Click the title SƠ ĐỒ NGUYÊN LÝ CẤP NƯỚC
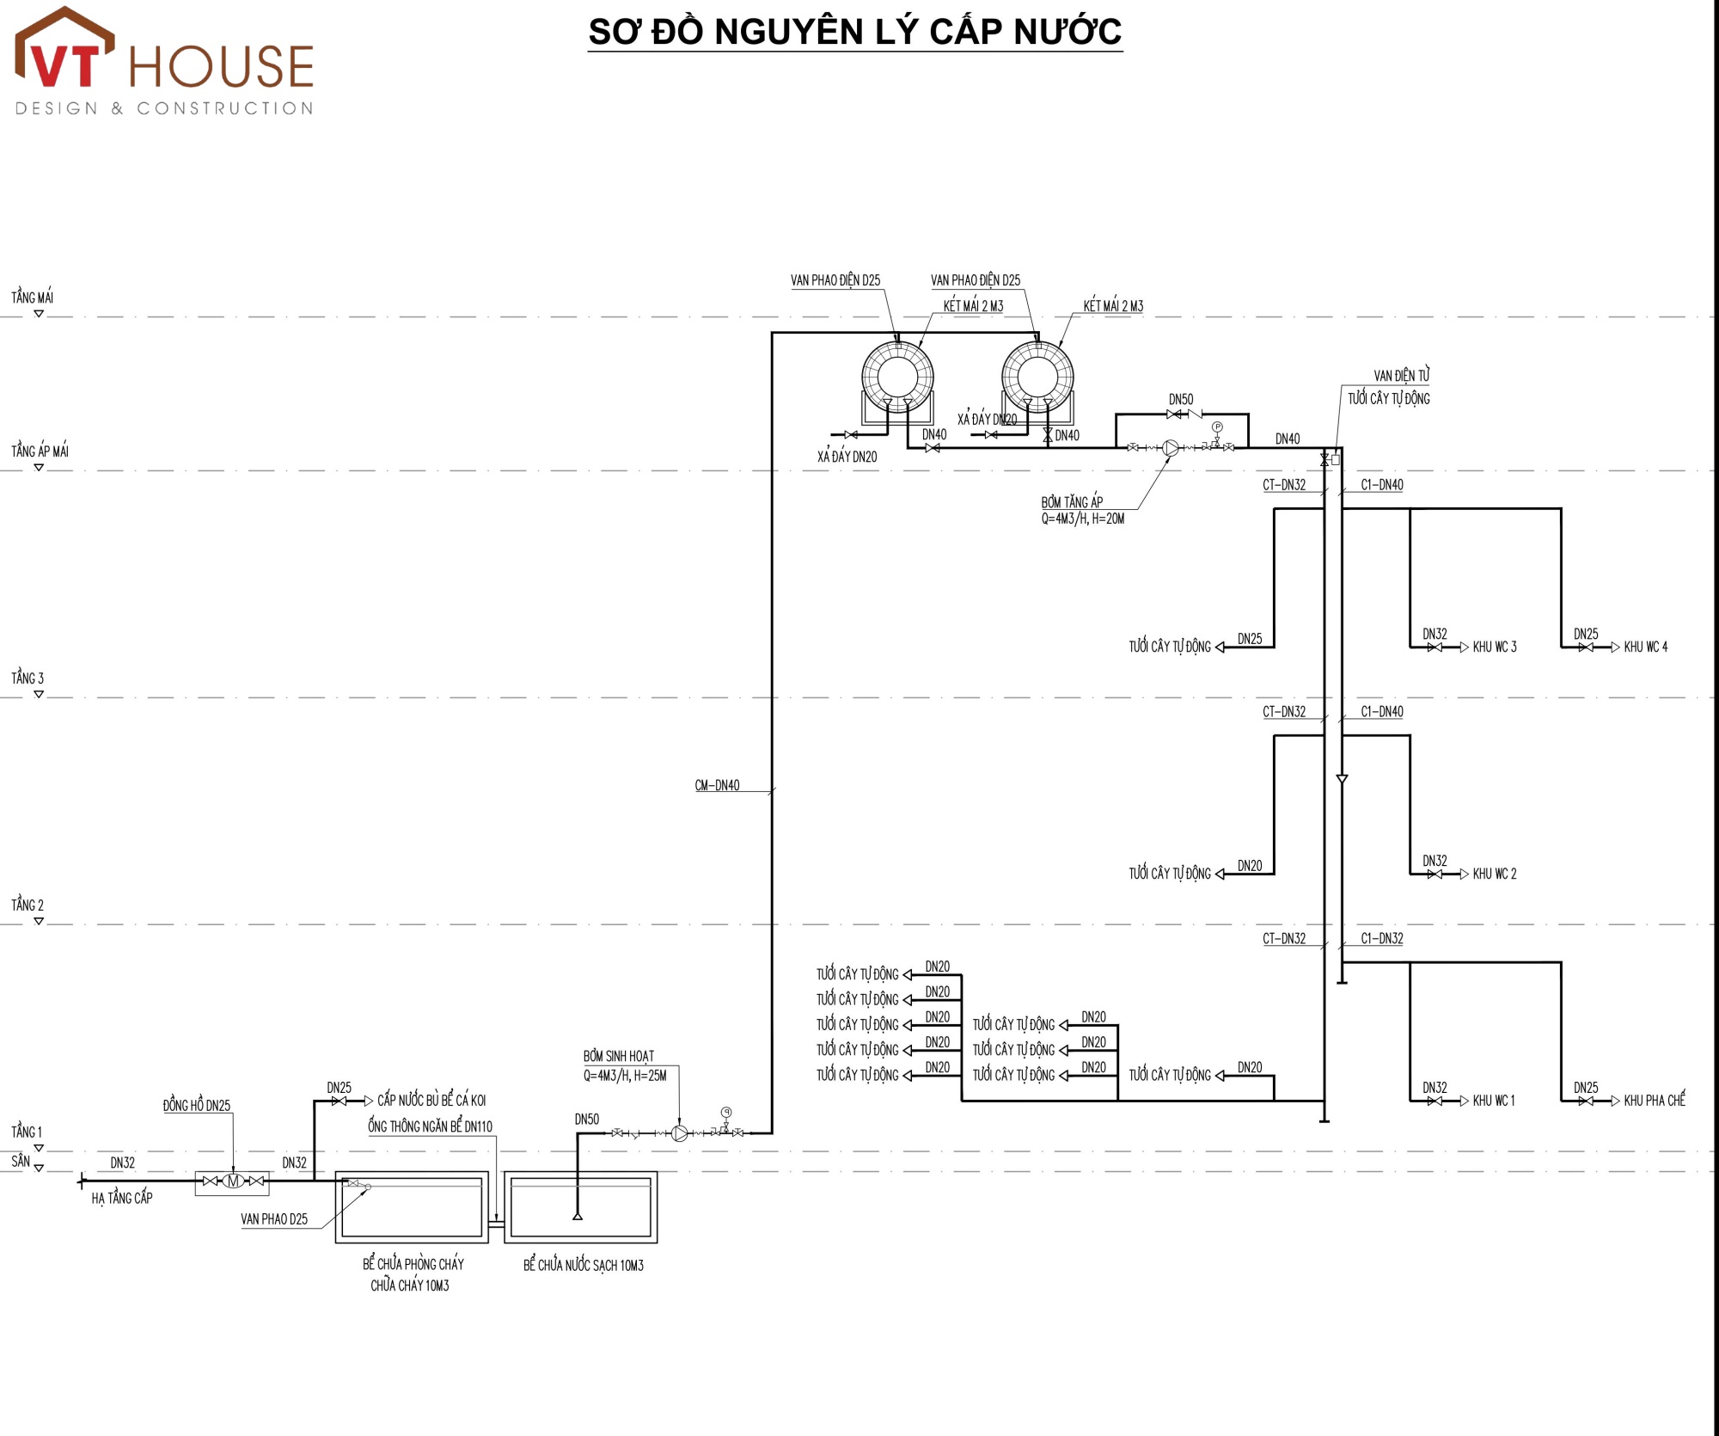coord(855,33)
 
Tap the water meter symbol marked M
coord(233,1181)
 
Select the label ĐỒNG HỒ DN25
coord(197,1106)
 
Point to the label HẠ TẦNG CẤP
coord(122,1198)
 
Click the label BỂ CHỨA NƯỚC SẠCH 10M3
coord(584,1265)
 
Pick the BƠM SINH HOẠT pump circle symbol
coord(680,1133)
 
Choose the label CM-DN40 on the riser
coord(717,785)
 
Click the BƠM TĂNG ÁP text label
coord(1072,502)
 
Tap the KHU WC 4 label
coord(1645,647)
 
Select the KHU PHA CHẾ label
coord(1655,1100)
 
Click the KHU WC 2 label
coord(1495,874)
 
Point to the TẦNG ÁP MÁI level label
coord(40,451)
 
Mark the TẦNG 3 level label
coord(28,678)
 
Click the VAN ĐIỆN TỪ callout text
coord(1402,376)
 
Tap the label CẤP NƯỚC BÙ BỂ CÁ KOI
coord(431,1100)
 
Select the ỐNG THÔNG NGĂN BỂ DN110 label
coord(430,1126)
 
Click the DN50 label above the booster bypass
coord(1181,400)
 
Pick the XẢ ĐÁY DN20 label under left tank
coord(847,457)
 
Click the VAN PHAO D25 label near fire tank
coord(274,1219)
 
